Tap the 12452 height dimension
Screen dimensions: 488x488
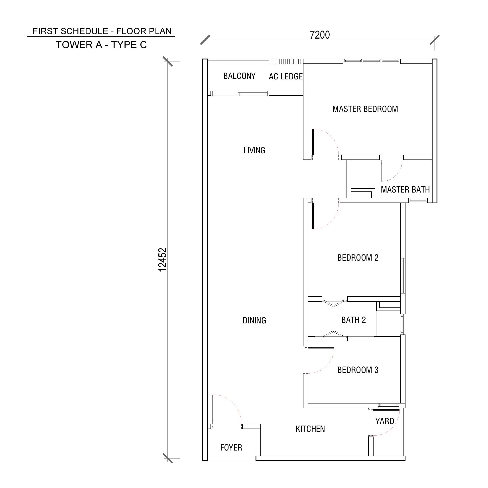[162, 260]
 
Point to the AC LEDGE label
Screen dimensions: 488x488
[286, 76]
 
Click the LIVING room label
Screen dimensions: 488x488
[254, 150]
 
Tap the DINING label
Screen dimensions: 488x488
[254, 321]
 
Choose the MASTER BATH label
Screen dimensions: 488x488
[405, 189]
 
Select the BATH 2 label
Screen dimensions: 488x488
[353, 320]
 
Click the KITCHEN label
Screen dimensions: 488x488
[310, 429]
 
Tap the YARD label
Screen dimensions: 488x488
[384, 421]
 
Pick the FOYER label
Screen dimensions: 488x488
[231, 448]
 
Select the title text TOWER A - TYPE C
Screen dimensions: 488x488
[101, 45]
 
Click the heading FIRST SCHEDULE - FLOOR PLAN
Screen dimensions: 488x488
[102, 31]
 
